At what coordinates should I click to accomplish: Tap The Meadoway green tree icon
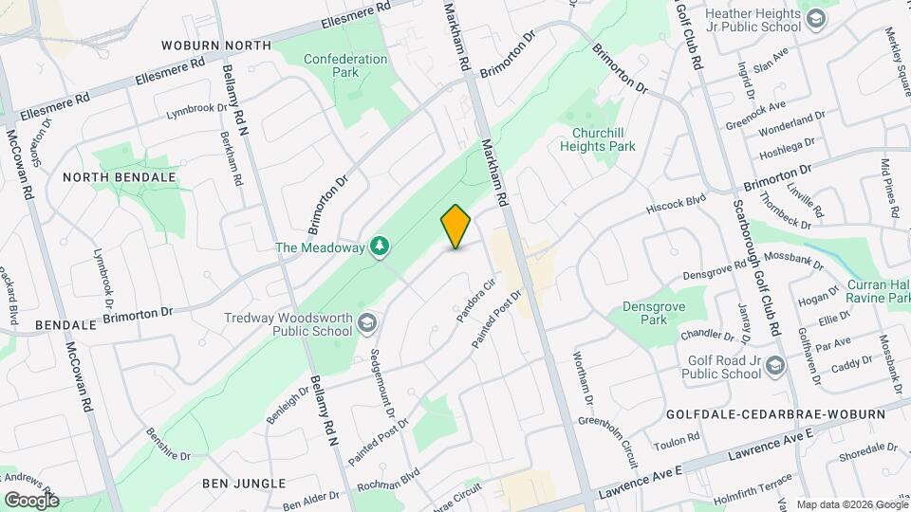380,247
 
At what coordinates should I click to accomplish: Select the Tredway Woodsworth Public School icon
366,324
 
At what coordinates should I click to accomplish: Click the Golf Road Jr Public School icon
775,366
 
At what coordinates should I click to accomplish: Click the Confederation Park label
345,65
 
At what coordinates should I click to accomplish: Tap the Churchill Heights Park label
597,139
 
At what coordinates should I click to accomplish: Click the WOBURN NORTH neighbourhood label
215,45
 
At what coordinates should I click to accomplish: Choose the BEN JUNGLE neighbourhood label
243,484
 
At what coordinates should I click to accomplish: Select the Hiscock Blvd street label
677,201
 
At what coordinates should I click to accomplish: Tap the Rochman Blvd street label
388,481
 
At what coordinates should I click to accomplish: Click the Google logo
31,500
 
